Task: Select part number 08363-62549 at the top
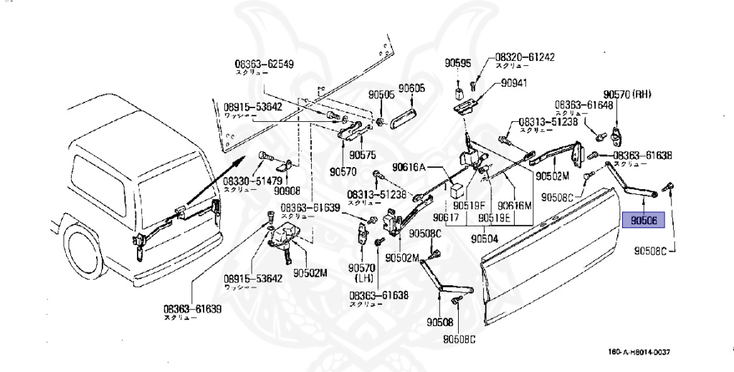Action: pyautogui.click(x=264, y=64)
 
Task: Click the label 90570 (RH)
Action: pyautogui.click(x=631, y=94)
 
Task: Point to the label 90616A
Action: pyautogui.click(x=407, y=166)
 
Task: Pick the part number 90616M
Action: pyautogui.click(x=515, y=204)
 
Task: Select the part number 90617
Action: pyautogui.click(x=447, y=217)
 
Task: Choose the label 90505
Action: pyautogui.click(x=382, y=94)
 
